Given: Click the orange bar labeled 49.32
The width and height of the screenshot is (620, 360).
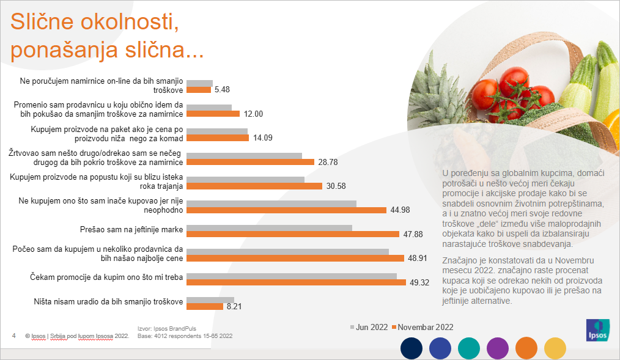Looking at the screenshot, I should (296, 282).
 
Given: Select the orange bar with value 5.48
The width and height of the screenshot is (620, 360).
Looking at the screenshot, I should (198, 90).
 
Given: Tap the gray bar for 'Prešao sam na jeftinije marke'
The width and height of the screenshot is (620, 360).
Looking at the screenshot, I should (269, 228).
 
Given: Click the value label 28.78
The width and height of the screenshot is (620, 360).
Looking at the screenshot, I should (328, 163).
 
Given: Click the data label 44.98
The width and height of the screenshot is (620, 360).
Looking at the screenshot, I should (400, 210).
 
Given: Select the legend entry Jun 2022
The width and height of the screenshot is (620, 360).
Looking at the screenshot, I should (369, 327).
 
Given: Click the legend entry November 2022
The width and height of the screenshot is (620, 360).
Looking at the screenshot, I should (423, 327).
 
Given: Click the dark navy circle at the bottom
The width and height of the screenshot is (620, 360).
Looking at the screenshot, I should (412, 348).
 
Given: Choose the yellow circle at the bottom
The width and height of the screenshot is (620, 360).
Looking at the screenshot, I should (556, 348).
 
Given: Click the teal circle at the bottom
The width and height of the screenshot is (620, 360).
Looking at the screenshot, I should (470, 348).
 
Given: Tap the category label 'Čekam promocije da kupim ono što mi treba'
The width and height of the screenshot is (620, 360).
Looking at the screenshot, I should (108, 278).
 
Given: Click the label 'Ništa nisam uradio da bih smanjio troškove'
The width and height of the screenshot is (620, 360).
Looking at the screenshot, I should (108, 302).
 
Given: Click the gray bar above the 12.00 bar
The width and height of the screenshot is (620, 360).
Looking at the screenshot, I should (209, 108).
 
